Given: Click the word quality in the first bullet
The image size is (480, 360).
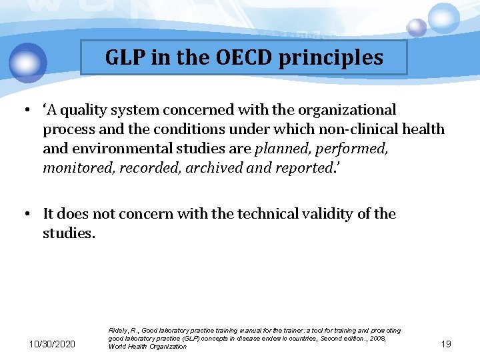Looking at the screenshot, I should [90, 110].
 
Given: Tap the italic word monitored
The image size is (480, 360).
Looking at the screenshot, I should [79, 168].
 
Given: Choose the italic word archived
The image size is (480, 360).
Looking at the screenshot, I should [215, 168].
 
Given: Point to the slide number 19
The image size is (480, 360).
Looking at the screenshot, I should [446, 343].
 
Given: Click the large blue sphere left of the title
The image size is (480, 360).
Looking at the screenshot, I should [29, 62].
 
